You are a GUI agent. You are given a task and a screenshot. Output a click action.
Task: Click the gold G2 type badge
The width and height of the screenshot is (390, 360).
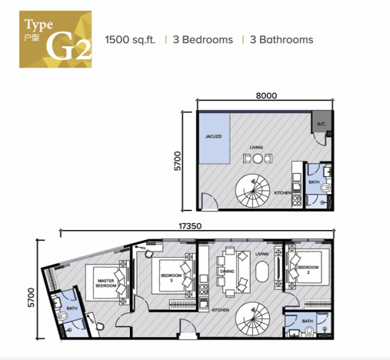point(55,38)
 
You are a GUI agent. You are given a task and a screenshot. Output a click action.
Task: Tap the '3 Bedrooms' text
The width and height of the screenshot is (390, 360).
point(202,39)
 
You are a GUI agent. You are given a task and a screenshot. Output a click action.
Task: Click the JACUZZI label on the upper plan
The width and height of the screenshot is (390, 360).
point(213,136)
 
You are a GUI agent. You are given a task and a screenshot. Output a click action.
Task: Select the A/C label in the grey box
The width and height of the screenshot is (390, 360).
point(321,124)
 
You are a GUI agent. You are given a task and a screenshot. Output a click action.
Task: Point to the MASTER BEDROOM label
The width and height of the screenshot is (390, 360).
point(106,282)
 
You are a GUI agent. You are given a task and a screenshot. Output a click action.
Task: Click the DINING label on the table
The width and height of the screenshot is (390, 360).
point(226,272)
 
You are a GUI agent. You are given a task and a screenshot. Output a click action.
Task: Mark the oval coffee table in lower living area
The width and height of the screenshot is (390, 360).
point(262,273)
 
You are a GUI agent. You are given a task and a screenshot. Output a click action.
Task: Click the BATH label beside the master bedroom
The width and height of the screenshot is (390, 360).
point(72,309)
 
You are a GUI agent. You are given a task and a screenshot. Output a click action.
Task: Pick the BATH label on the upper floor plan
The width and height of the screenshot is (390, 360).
point(314,182)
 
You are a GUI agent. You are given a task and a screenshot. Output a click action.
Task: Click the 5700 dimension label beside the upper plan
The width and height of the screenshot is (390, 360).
point(178,160)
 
